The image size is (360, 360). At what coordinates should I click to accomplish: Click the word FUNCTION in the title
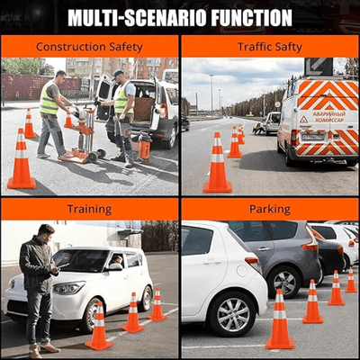pyautogui.click(x=246, y=18)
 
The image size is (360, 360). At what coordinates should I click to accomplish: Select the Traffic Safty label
pyautogui.click(x=269, y=46)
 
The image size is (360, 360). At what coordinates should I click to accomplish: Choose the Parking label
pyautogui.click(x=269, y=209)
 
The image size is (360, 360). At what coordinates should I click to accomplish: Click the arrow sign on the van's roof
pyautogui.click(x=319, y=67)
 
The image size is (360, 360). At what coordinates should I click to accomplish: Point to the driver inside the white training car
pyautogui.click(x=117, y=262)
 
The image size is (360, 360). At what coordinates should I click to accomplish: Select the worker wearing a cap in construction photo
pyautogui.click(x=121, y=112)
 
